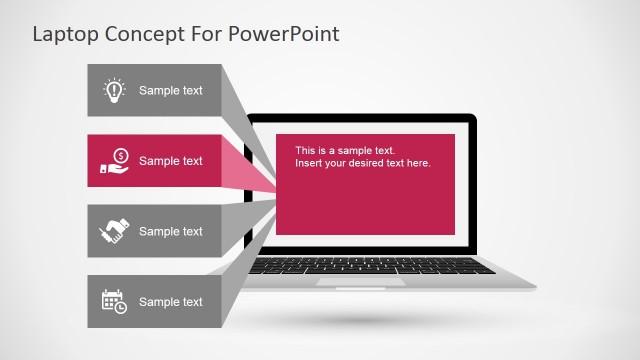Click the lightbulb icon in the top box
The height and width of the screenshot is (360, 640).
pyautogui.click(x=114, y=91)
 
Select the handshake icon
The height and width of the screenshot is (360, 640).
pyautogui.click(x=114, y=231)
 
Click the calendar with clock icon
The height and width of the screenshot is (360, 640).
pyautogui.click(x=114, y=301)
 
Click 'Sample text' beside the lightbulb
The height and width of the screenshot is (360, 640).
pyautogui.click(x=170, y=91)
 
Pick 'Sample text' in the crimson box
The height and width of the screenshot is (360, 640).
pyautogui.click(x=170, y=161)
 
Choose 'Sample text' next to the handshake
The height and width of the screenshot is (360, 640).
pyautogui.click(x=170, y=231)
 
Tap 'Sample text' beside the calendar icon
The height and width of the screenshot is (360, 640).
pyautogui.click(x=170, y=302)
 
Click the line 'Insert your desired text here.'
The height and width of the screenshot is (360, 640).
pyautogui.click(x=362, y=163)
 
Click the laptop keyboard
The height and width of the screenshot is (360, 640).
pyautogui.click(x=372, y=267)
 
